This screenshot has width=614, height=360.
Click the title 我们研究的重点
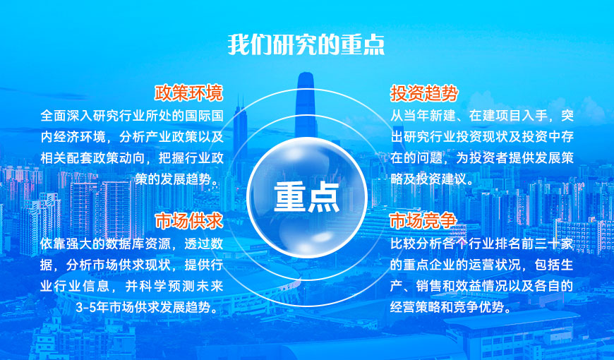coord(306,44)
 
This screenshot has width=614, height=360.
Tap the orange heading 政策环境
coord(188,93)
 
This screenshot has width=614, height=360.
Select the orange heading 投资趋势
coord(424,93)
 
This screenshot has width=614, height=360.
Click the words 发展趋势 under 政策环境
coord(180,179)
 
